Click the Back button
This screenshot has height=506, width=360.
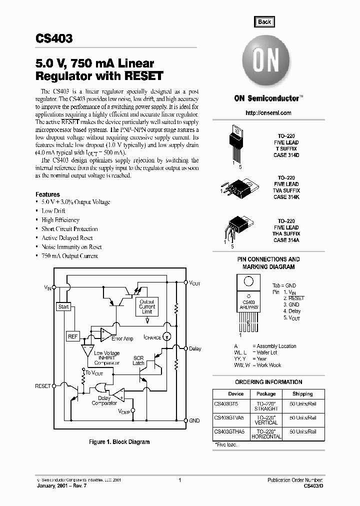tap(264, 21)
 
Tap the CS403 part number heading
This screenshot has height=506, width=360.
tap(54, 39)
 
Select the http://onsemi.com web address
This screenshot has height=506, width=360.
tap(269, 113)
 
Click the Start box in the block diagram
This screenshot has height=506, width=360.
tap(63, 306)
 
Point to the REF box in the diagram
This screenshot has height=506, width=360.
tap(72, 336)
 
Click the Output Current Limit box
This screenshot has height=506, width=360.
tap(147, 306)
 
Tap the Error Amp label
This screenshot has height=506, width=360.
tap(122, 339)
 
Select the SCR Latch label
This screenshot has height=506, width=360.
tap(138, 360)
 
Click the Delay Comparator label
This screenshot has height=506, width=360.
tap(104, 400)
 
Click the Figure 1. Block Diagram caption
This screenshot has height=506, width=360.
tap(119, 442)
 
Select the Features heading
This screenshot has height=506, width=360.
tap(47, 194)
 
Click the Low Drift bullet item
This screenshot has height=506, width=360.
tap(53, 211)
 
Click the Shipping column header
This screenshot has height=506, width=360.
tap(302, 394)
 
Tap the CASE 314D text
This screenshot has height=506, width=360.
tap(286, 155)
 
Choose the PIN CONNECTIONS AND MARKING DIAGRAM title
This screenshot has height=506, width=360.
tap(268, 263)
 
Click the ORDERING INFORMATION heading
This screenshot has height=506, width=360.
tap(268, 382)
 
